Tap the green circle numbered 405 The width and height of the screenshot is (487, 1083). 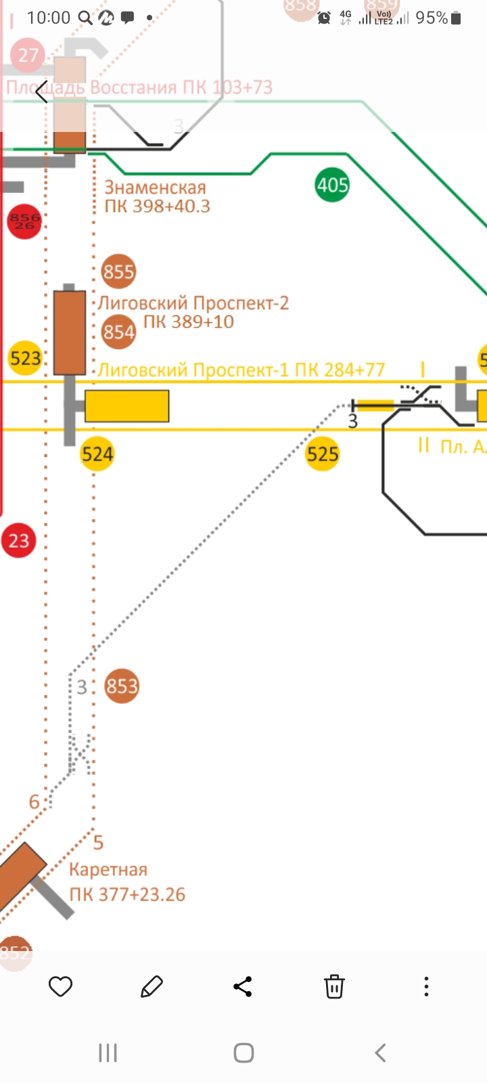[x=332, y=185]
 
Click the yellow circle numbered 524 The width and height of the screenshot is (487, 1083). [x=97, y=454]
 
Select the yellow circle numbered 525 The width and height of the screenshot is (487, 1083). [x=322, y=454]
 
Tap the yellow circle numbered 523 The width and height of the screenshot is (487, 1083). [x=25, y=357]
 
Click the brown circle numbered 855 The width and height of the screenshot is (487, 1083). [x=118, y=271]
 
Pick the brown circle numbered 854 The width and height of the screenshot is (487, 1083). [x=118, y=332]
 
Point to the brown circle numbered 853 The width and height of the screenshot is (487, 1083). [x=122, y=686]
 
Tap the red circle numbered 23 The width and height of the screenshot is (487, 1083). [x=18, y=541]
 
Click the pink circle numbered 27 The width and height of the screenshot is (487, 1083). [x=28, y=55]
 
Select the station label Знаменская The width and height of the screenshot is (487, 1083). [x=155, y=187]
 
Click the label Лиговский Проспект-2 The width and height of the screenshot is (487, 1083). [x=194, y=303]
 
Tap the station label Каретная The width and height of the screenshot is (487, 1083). [x=108, y=870]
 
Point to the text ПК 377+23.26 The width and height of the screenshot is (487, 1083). [x=127, y=894]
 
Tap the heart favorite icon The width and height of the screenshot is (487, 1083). [x=60, y=986]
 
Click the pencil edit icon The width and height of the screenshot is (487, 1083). [x=152, y=986]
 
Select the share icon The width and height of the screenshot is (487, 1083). [x=243, y=986]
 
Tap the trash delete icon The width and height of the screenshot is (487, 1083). [x=334, y=986]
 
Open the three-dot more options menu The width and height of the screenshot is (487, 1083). [x=426, y=986]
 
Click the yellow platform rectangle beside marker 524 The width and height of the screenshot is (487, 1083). [x=126, y=406]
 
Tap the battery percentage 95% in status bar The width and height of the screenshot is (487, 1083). [x=432, y=18]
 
